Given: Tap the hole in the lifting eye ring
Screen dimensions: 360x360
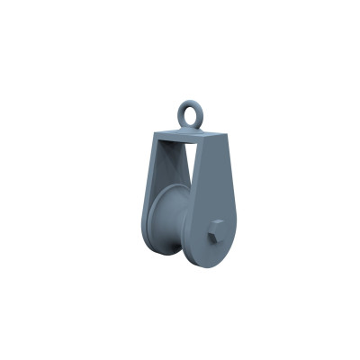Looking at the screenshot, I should pos(193,112).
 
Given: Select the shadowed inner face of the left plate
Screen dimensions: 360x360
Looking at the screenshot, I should pos(157,180).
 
